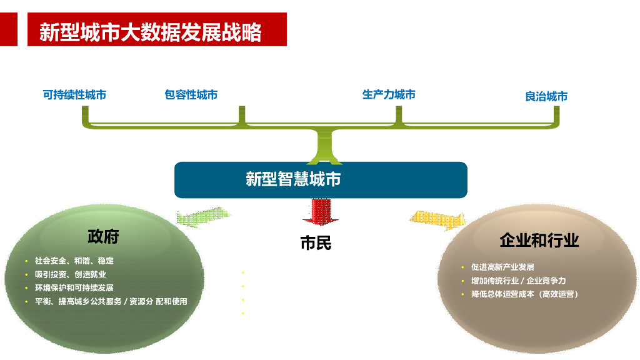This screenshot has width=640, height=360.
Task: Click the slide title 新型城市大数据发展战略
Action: pos(151,31)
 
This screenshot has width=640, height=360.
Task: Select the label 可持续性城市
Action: pos(74,95)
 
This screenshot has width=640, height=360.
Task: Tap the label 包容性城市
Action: pos(191,95)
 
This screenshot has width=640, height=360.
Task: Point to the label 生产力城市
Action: pos(389,94)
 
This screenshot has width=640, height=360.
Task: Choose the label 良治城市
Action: pos(546,97)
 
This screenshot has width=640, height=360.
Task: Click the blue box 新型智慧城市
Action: pos(320,180)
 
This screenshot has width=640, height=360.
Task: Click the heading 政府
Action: pos(103,236)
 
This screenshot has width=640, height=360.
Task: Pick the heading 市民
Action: pos(316,243)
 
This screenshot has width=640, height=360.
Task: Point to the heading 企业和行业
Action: pos(539,240)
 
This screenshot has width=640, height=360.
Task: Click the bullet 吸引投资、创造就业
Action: pos(71,274)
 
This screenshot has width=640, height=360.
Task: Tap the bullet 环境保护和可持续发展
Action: pos(74,288)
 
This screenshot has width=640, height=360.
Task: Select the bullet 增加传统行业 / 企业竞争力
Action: pos(518,281)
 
